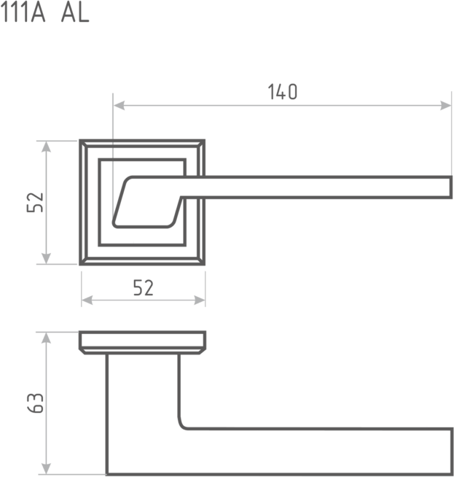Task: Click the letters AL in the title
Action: [x=75, y=13]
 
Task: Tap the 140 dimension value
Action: [x=283, y=92]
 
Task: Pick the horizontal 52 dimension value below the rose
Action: [x=144, y=288]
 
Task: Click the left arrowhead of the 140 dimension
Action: [x=118, y=106]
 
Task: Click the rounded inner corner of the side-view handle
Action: [x=183, y=424]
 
